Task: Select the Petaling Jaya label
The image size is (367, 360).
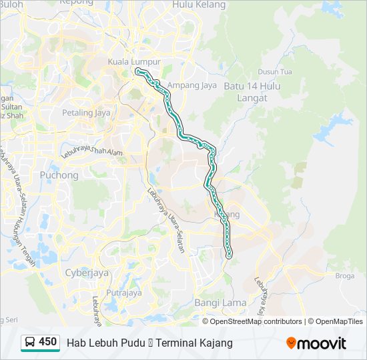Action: coord(86,113)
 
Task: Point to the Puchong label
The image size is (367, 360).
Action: coord(59,175)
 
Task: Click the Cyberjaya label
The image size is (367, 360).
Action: coord(86,272)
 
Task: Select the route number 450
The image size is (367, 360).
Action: coord(48,342)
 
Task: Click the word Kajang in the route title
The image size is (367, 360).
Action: coord(218,343)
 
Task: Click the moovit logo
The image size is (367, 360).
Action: coord(316,343)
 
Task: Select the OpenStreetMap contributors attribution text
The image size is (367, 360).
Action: coord(256,321)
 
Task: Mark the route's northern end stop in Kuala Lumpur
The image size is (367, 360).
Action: coord(137,70)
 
